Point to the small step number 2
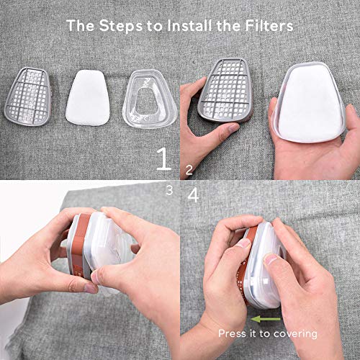coord(189,170)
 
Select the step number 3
coord(169,190)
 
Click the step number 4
coord(192,195)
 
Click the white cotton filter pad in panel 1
coord(90,97)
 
